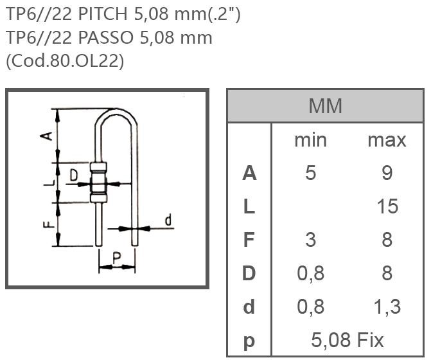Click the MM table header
325,105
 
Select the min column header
310,139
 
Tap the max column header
387,139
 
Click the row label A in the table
249,173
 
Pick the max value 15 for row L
387,206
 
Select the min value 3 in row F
310,240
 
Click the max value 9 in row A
387,173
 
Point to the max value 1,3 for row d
387,307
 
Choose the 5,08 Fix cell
347,339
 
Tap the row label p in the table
249,341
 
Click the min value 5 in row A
310,173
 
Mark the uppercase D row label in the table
249,273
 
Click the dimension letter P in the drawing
116,257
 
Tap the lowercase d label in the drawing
168,221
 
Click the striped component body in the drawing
98,182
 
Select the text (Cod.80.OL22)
65,60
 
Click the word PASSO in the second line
110,37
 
